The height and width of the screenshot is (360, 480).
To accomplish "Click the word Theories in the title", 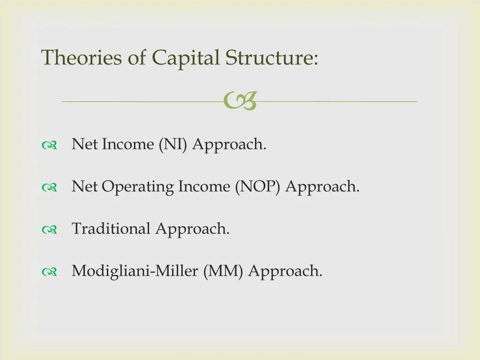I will pyautogui.click(x=82, y=58).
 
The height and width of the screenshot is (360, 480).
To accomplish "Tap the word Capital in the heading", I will pyautogui.click(x=185, y=58).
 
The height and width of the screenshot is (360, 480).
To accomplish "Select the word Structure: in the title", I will pyautogui.click(x=272, y=58).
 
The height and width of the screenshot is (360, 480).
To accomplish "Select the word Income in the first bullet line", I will pyautogui.click(x=128, y=144).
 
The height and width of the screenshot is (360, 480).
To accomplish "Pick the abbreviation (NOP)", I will pyautogui.click(x=259, y=187).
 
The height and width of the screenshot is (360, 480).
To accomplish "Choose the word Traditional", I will pyautogui.click(x=111, y=229).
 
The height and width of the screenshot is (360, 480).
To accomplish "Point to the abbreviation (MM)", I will pyautogui.click(x=223, y=271).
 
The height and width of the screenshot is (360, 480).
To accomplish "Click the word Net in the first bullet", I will pyautogui.click(x=85, y=144).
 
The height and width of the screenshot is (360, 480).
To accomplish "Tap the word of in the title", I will pyautogui.click(x=139, y=58).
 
